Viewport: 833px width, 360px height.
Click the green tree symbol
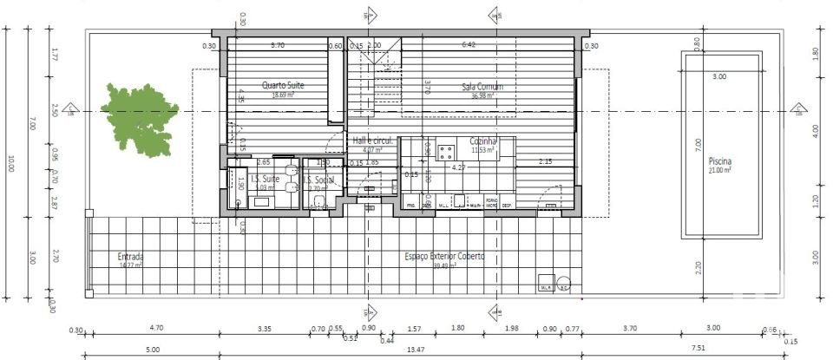(x=139, y=118)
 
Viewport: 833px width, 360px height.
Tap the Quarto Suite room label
(x=283, y=85)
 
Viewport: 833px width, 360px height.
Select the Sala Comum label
(x=482, y=87)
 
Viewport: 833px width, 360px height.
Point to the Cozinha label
(x=482, y=141)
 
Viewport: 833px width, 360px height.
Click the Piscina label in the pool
(x=719, y=161)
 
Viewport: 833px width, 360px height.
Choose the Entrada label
(x=131, y=257)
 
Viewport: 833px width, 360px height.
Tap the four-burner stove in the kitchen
(x=447, y=154)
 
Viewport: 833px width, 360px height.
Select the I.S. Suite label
(x=263, y=179)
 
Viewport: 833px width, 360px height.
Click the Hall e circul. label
(x=373, y=140)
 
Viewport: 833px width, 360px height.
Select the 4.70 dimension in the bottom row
(x=157, y=329)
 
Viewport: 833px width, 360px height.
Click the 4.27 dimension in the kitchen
(x=459, y=167)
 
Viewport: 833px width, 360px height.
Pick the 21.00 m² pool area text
(x=719, y=171)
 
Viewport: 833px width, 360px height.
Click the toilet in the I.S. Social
(x=318, y=202)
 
